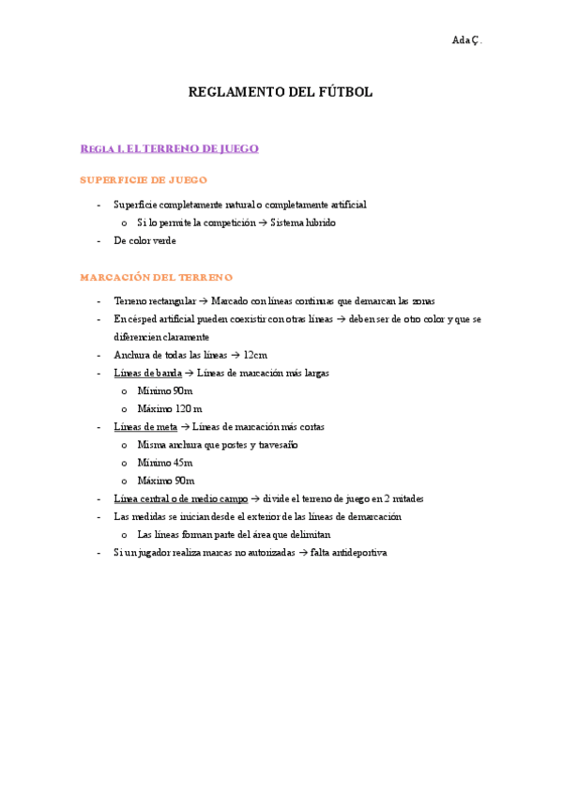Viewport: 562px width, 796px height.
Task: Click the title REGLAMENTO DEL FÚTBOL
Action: [281, 92]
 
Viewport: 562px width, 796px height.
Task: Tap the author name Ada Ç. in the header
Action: [466, 39]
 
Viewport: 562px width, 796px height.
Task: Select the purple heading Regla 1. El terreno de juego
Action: [169, 148]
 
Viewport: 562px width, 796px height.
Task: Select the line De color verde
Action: [144, 240]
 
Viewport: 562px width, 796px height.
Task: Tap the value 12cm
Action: [255, 355]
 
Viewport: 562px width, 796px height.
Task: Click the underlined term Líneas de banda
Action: [147, 373]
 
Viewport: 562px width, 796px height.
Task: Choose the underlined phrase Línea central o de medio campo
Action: [180, 498]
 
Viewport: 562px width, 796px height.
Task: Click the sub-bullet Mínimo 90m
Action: [165, 390]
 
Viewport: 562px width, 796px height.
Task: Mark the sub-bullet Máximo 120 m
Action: [169, 408]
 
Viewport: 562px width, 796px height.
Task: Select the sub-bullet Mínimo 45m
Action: [165, 463]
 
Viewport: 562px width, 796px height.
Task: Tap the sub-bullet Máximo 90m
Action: [166, 481]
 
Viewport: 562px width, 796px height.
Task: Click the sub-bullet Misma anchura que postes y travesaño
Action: [217, 445]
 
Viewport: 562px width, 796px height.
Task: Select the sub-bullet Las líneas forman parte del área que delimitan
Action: [234, 534]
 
